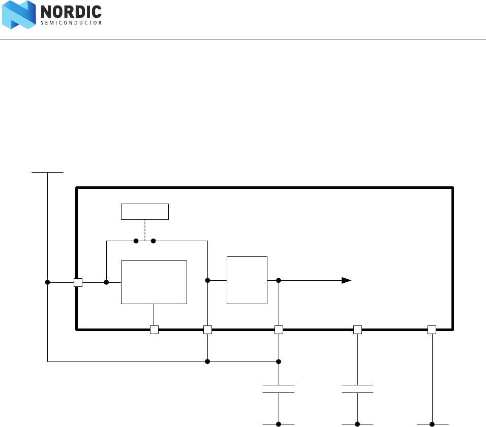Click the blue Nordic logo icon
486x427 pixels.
pos(19,15)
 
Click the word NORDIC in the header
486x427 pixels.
pos(70,12)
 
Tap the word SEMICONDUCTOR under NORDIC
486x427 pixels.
pos(70,23)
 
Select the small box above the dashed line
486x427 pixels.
pos(145,211)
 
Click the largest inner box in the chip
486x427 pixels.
pos(154,282)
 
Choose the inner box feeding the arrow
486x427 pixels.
pos(247,280)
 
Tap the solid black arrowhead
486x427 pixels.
pos(346,280)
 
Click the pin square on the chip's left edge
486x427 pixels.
pos(78,282)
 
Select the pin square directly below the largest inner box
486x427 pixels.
pos(155,330)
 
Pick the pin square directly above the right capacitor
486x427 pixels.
pos(357,330)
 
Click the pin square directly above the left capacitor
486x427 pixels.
pos(279,330)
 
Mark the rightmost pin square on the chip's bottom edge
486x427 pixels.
pos(432,330)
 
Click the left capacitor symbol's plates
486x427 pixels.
pos(279,389)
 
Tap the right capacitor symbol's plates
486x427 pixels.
pos(357,389)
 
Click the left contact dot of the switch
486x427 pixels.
pos(136,241)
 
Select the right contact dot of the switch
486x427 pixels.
pos(153,241)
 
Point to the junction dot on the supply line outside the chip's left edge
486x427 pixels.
pos(47,282)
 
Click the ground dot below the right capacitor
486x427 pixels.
pos(357,423)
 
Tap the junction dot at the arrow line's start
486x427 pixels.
pos(279,280)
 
